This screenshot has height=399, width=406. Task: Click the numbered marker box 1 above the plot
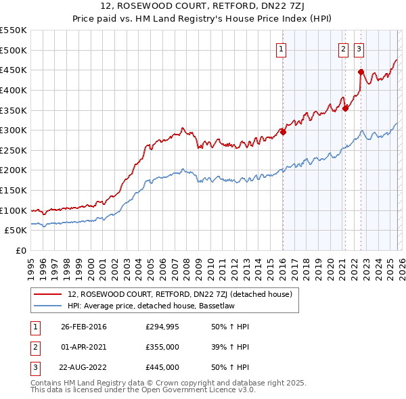281,48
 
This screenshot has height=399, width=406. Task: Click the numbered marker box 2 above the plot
343,48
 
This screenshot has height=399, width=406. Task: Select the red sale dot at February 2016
283,133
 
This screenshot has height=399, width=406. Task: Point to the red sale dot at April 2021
345,108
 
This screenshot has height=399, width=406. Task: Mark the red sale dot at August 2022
361,72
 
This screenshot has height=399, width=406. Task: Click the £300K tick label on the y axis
14,130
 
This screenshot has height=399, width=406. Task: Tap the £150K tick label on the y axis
14,190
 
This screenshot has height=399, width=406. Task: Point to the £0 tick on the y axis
21,250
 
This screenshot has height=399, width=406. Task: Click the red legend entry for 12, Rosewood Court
179,294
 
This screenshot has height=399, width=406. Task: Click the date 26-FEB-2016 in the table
83,327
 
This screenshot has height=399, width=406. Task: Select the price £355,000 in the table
162,347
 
